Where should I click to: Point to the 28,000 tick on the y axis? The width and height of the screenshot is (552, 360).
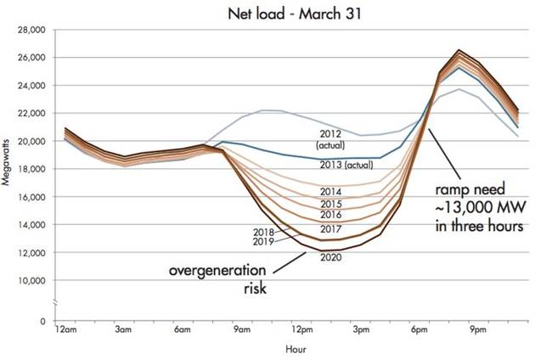coord(30,30)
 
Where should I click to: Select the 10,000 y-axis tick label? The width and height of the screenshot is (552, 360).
coord(30,280)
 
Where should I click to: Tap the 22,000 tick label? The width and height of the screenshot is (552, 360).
coord(30,113)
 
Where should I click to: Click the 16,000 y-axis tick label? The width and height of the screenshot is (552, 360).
coord(30,197)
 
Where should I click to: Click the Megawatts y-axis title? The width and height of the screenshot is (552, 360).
coord(8,155)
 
